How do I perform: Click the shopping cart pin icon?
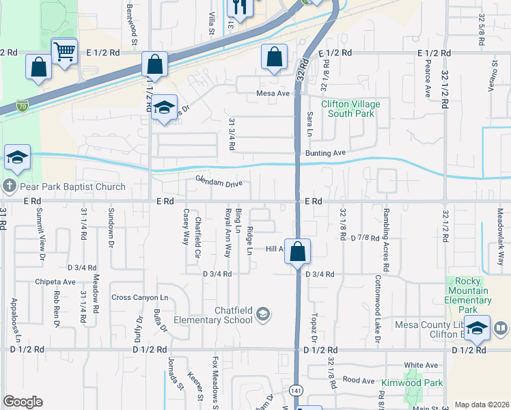64,51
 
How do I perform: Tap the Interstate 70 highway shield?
23,106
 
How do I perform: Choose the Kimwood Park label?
412,383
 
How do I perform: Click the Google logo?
23,402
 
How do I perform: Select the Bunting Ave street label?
327,153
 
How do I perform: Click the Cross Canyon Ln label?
139,297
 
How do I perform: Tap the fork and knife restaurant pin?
240,8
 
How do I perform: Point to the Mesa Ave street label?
274,94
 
